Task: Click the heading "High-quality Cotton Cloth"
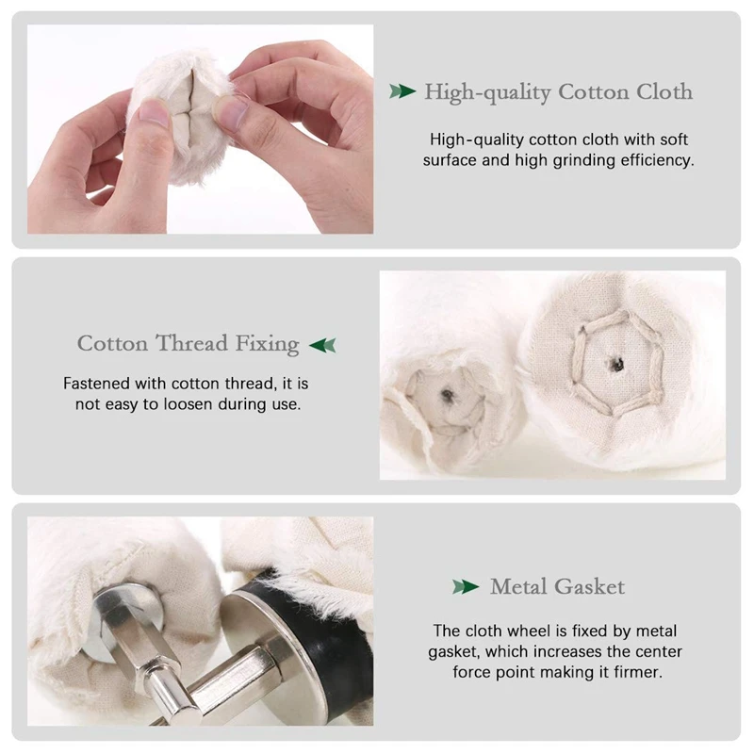[558, 92]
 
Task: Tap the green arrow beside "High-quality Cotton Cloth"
[402, 91]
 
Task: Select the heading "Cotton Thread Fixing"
[188, 343]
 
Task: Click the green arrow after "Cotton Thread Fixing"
[322, 344]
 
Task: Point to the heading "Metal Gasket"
[557, 587]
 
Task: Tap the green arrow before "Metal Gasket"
[466, 587]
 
